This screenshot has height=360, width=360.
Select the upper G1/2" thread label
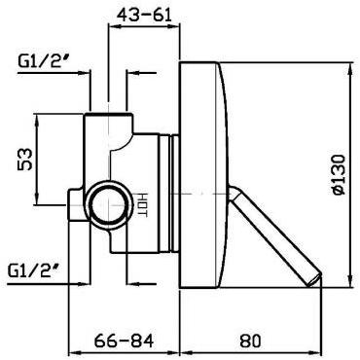(41, 64)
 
